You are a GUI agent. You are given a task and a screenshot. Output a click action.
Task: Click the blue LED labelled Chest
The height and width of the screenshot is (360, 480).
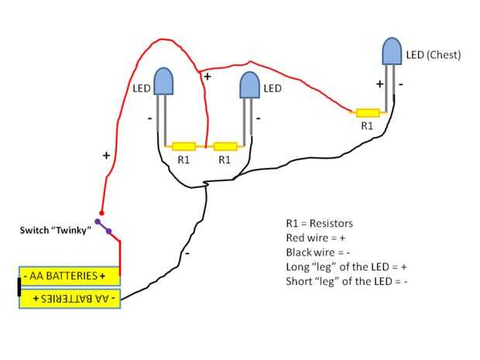[x=393, y=51]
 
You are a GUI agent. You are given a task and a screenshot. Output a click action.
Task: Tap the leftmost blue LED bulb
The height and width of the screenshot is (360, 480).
[x=163, y=81]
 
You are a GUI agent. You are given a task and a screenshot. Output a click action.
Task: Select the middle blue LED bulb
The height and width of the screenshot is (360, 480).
[x=249, y=84]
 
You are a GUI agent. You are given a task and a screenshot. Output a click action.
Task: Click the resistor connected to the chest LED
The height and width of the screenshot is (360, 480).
[x=367, y=112]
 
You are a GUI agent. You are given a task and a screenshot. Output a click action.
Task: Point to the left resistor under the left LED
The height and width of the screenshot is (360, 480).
[x=183, y=146]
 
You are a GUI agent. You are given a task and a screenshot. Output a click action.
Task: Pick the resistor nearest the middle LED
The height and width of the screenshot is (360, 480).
[x=225, y=146]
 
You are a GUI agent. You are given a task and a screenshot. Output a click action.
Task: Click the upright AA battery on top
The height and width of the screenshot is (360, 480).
[x=70, y=276]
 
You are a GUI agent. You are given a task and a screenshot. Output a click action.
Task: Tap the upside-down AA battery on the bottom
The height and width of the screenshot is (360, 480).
[x=70, y=298]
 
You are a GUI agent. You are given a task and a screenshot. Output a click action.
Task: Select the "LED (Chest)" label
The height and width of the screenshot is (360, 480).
[x=434, y=55]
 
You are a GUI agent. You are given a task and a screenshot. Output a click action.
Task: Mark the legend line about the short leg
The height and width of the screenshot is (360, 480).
[x=347, y=282]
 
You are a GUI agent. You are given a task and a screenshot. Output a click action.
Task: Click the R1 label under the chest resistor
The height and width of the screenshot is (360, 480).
[x=367, y=125]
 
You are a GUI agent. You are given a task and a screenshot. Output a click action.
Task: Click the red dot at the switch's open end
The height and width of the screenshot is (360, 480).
[x=101, y=213]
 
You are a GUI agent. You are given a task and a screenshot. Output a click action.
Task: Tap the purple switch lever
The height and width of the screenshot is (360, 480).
[x=103, y=226]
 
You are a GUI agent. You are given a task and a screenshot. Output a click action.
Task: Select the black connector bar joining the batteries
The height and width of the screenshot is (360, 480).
[x=19, y=286]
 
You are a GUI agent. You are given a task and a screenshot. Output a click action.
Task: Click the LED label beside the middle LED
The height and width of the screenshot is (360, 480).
[x=273, y=88]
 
